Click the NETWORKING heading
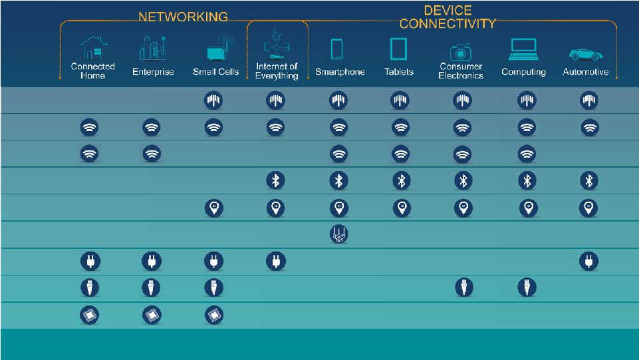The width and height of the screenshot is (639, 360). point(183,17)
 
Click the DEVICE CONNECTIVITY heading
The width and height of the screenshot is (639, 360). point(447,17)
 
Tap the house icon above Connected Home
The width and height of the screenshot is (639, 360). point(93,48)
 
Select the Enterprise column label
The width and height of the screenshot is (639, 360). point(153,72)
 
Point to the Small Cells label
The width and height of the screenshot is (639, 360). point(215,72)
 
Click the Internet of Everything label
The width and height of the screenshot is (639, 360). point(277,71)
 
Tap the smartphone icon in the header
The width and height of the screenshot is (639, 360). point(337,49)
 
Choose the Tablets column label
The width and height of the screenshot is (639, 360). point(398,72)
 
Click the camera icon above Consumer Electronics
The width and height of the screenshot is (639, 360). point(460,51)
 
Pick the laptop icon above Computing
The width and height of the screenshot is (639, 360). point(523,49)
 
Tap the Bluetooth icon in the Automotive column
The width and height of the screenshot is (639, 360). point(588,180)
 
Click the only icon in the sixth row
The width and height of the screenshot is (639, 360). point(339,234)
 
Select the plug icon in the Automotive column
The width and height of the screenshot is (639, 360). point(588,261)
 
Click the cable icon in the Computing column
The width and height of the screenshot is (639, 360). point(527,288)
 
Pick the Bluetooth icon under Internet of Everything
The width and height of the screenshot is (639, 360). point(276,180)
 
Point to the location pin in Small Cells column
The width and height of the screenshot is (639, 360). point(213,208)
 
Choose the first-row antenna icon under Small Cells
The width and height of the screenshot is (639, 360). point(213,100)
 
